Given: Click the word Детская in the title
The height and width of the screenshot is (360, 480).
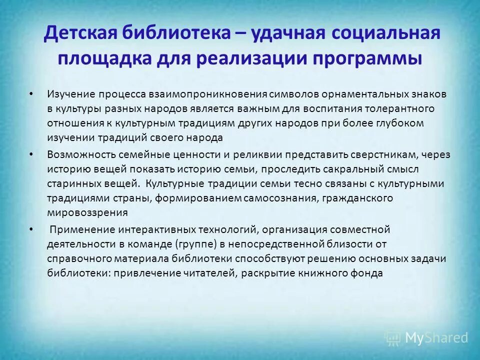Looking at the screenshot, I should click(80, 34).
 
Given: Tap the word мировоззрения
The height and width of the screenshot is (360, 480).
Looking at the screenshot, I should click(87, 212).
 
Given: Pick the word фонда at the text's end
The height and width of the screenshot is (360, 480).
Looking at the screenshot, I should click(369, 273).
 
